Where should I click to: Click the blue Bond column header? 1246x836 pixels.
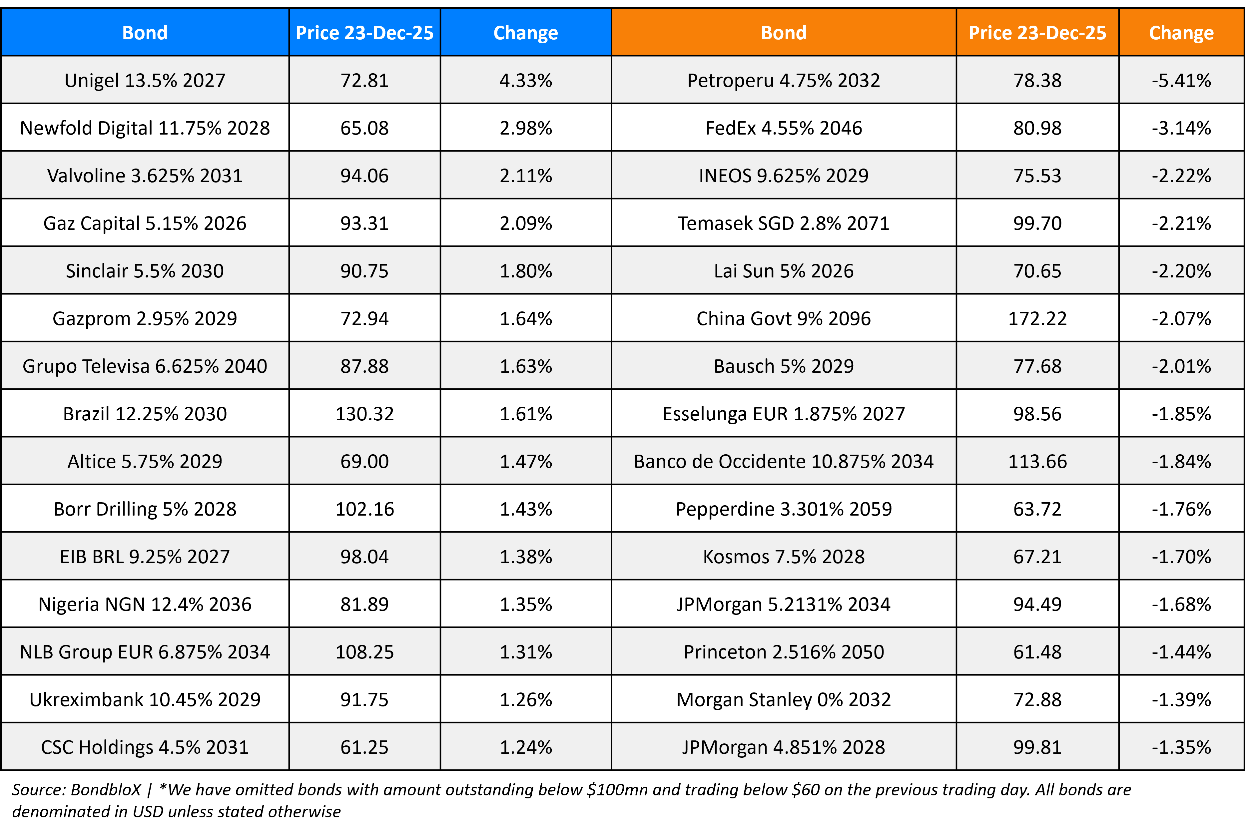click(145, 33)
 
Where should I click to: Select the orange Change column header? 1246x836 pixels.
click(1181, 33)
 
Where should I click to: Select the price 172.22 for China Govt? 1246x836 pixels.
click(1037, 319)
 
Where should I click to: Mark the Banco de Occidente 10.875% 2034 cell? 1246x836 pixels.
click(783, 462)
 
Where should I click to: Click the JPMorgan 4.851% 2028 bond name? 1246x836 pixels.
click(783, 747)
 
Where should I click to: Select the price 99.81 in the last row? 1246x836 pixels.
click(1037, 747)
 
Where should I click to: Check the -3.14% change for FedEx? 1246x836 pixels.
click(1181, 128)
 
